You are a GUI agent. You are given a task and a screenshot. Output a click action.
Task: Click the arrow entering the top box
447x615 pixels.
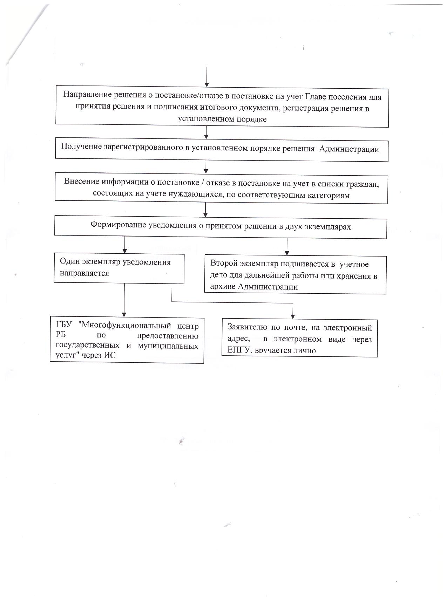(207, 77)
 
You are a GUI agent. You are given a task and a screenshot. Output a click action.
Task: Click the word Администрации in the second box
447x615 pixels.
(350, 149)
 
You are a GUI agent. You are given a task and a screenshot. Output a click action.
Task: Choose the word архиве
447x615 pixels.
(223, 287)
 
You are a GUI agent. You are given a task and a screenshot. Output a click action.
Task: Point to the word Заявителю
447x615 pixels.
(248, 328)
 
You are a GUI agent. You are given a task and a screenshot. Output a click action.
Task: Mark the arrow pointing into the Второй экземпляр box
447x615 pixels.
(287, 247)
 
